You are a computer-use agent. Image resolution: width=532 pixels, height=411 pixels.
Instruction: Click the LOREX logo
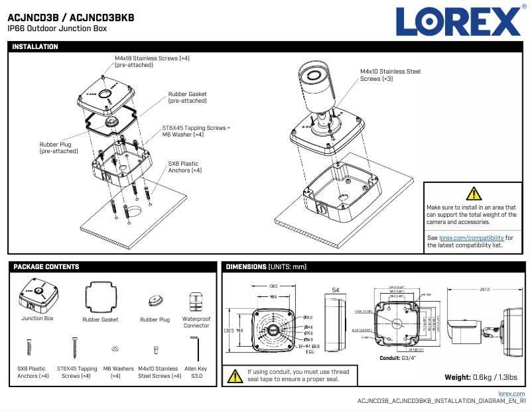tap(458, 21)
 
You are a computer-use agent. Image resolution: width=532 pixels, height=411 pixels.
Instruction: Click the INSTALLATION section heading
tap(35, 47)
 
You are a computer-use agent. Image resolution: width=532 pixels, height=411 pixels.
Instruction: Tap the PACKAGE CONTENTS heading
tap(46, 266)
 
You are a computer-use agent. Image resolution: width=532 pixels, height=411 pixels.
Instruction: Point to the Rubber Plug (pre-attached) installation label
tap(55, 148)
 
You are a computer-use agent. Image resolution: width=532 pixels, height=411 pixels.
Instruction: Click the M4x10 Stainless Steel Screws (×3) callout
tap(390, 75)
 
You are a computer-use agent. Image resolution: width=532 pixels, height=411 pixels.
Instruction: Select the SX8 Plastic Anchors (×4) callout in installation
tap(185, 167)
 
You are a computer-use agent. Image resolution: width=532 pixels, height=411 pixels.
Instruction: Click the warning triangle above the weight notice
tap(474, 194)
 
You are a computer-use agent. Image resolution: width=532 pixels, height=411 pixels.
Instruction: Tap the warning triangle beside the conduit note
tap(235, 376)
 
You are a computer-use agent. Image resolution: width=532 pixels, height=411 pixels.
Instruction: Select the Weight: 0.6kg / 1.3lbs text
tap(482, 377)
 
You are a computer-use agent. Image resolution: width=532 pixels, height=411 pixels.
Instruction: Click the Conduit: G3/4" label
tap(397, 358)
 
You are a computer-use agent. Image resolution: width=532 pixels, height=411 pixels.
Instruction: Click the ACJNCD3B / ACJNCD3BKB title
tap(71, 18)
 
